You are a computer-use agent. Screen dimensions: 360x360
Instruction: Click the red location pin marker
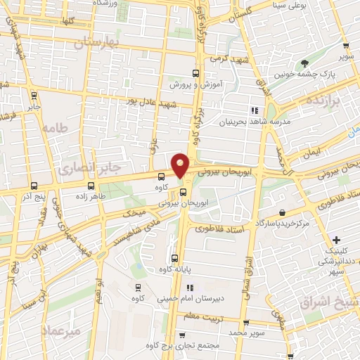coord(181,165)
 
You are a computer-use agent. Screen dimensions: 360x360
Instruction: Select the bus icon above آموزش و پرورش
coord(196,72)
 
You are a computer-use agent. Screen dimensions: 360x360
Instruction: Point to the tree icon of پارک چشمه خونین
coord(304,63)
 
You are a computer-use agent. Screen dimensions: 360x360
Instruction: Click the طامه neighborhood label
coord(53,129)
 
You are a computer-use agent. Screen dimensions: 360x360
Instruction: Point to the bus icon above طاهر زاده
coord(91,186)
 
